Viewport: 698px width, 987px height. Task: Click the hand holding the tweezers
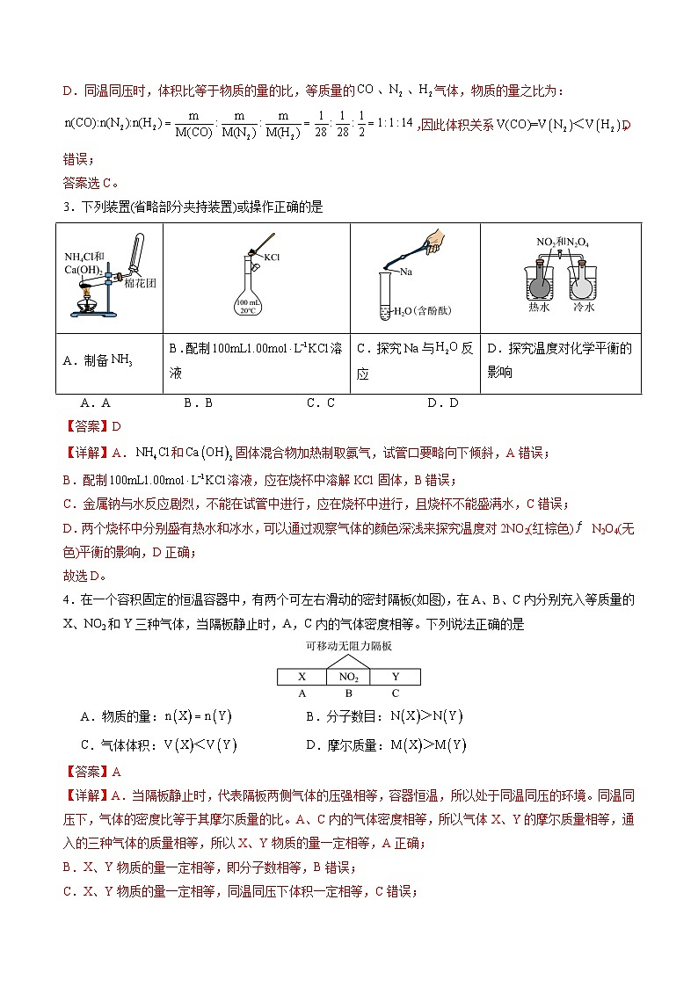tap(433, 242)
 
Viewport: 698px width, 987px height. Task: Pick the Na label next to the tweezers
tap(406, 272)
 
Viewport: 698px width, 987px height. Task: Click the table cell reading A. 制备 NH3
tap(109, 360)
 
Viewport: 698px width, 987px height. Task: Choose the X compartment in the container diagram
tap(302, 677)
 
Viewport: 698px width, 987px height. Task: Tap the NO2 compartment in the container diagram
tap(349, 678)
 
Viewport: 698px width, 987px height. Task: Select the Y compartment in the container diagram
tap(396, 677)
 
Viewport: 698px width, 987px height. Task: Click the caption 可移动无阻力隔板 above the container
tap(348, 645)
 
